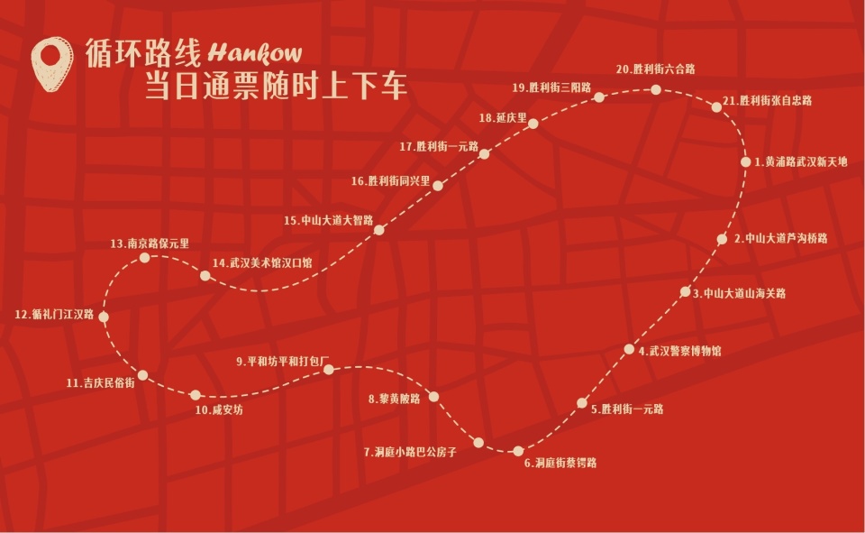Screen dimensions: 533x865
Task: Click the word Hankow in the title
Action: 254,53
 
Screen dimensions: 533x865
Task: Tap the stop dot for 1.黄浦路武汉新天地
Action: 746,162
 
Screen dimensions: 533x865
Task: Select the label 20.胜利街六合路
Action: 655,69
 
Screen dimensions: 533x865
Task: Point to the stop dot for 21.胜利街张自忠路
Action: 716,106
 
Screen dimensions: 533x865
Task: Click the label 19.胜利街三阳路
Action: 551,88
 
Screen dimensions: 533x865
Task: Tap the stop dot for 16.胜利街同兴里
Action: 438,186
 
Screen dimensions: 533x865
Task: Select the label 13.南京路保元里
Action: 150,244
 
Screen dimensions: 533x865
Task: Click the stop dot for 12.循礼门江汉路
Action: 104,317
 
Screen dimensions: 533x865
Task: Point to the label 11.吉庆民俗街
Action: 100,383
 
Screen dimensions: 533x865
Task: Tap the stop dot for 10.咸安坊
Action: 196,395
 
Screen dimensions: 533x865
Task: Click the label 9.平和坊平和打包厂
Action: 285,362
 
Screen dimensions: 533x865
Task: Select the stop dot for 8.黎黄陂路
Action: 433,397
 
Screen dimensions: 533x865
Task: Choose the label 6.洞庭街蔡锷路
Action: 560,464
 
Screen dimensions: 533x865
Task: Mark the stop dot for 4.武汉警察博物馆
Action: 629,350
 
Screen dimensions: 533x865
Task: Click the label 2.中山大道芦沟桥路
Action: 780,239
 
